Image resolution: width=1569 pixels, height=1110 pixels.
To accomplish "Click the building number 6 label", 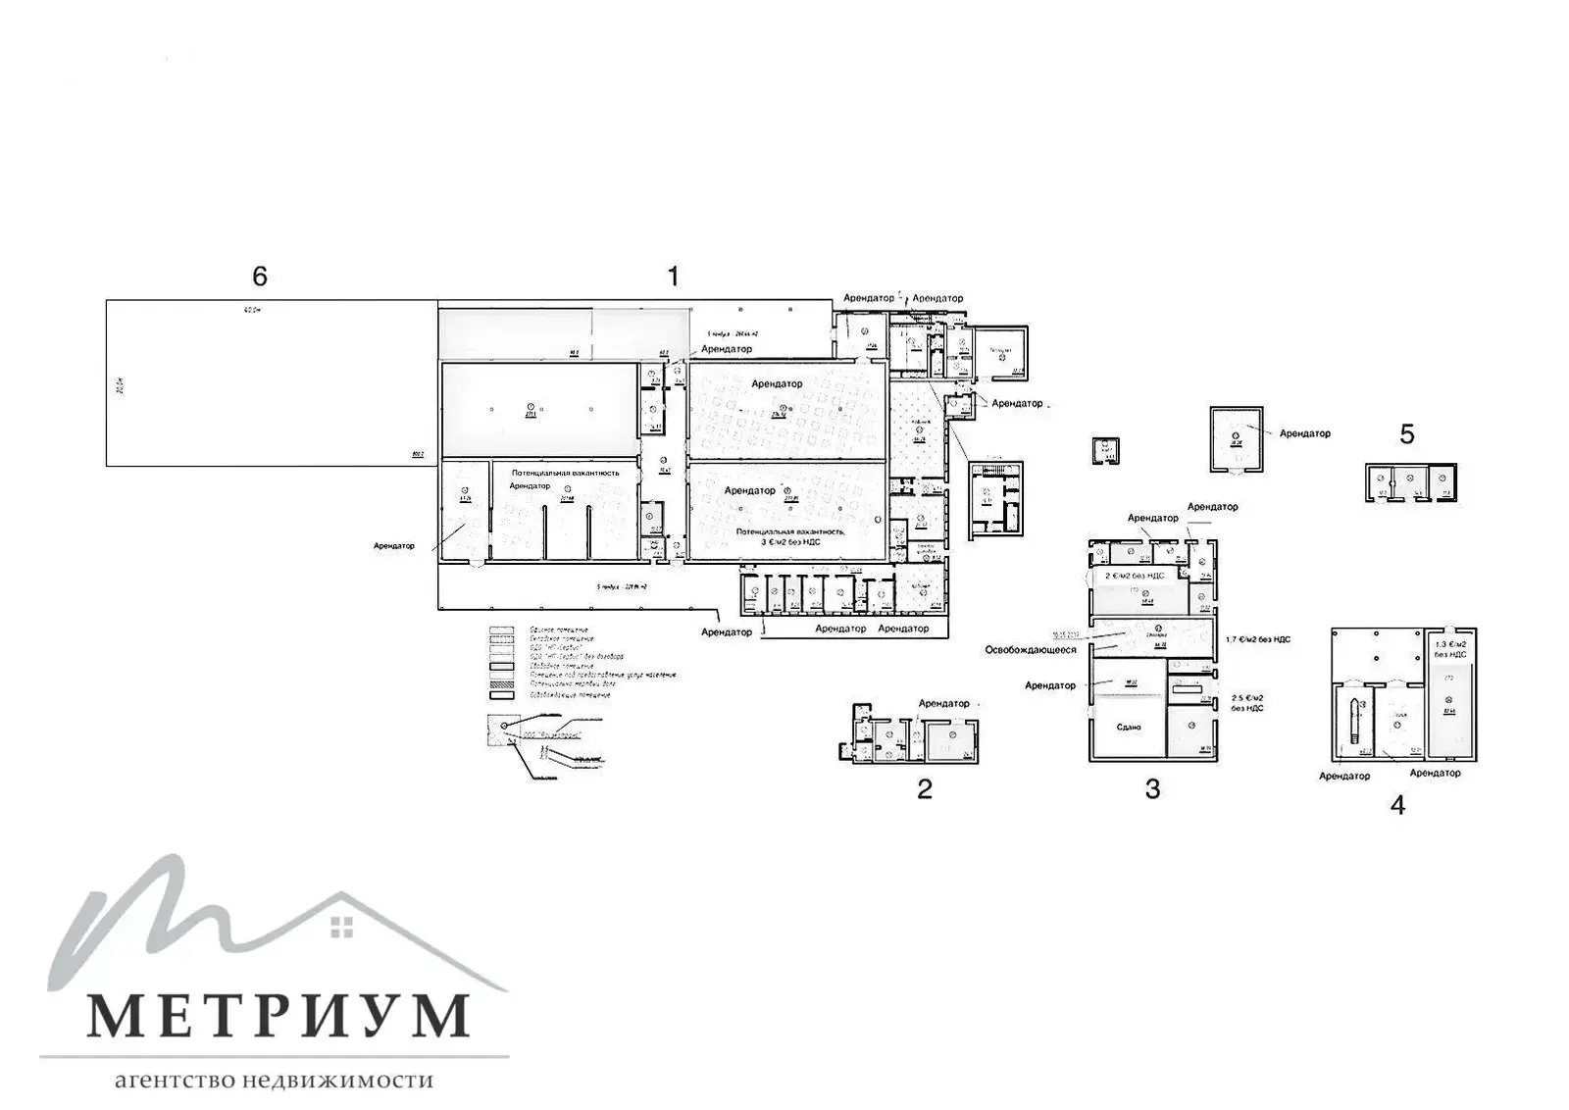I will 259,277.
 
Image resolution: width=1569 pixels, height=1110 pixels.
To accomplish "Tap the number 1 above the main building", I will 673,277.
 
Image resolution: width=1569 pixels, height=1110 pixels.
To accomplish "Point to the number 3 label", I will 1152,788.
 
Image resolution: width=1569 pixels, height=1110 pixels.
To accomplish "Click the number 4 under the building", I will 1397,805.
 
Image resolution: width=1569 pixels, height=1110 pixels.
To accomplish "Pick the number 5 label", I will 1407,434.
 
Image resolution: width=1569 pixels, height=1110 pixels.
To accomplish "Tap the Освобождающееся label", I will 1031,649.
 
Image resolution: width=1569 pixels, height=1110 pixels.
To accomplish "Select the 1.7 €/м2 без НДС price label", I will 1258,639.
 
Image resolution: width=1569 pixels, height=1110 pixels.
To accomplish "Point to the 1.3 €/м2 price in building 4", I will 1450,647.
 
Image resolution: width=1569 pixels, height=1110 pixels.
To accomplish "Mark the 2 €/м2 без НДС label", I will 1135,576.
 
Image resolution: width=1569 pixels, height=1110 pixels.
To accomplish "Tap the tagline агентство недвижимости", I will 274,1081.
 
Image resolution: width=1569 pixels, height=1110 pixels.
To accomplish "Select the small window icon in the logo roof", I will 341,925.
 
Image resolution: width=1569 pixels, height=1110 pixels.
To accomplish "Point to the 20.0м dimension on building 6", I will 119,385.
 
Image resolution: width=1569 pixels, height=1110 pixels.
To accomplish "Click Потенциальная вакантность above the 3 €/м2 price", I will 788,530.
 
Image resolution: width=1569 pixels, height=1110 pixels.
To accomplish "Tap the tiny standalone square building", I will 1106,450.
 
